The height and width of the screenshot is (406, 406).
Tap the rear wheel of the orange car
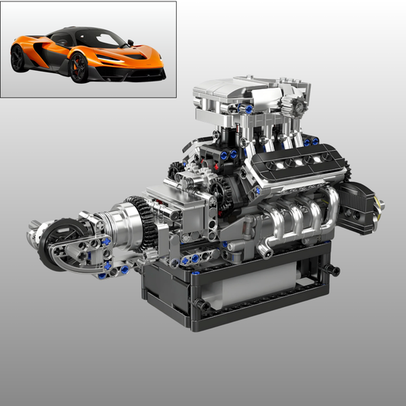pos(18,58)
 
